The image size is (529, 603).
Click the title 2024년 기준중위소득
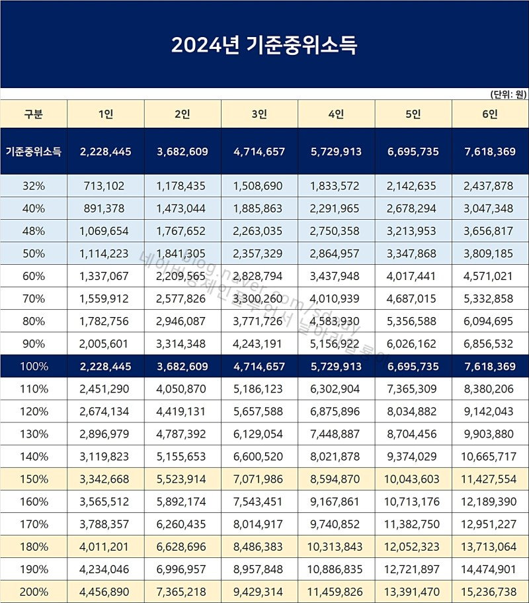coord(264,45)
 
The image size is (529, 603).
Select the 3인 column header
coord(259,114)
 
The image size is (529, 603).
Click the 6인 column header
coord(490,114)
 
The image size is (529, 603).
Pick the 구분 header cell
coord(34,114)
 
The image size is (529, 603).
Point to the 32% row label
coord(34,186)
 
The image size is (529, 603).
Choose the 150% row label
coord(34,479)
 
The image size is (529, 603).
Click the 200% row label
coord(34,591)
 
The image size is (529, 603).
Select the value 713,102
coord(105,186)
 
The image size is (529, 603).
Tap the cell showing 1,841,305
coord(182,254)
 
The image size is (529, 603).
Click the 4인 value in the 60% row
coord(336,276)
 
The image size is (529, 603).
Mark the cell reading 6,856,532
coord(490,344)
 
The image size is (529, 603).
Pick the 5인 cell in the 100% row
coord(413,366)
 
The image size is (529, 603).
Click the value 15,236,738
coord(490,591)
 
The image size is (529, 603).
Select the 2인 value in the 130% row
coord(182,434)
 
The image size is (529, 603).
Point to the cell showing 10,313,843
coord(336,546)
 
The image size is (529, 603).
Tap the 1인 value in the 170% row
coord(105,524)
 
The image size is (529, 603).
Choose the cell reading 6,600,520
coord(259,456)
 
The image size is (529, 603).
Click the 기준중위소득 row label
coord(34,152)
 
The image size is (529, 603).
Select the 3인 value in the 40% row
coord(259,209)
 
